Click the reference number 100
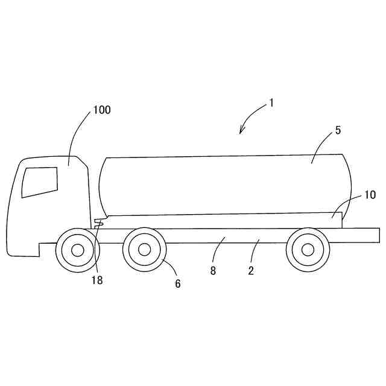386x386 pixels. pyautogui.click(x=101, y=110)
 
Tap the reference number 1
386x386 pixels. pyautogui.click(x=271, y=103)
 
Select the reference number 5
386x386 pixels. pyautogui.click(x=338, y=130)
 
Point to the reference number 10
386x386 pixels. pyautogui.click(x=370, y=195)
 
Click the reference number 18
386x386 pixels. pyautogui.click(x=96, y=280)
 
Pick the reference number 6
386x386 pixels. pyautogui.click(x=177, y=283)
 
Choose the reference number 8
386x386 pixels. pyautogui.click(x=213, y=271)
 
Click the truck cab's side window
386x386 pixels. pyautogui.click(x=40, y=182)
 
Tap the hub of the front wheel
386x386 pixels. pyautogui.click(x=77, y=250)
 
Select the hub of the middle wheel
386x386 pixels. pyautogui.click(x=144, y=250)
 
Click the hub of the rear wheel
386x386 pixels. pyautogui.click(x=308, y=250)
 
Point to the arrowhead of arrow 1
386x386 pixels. pyautogui.click(x=241, y=131)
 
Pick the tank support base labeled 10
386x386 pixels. pyautogui.click(x=241, y=221)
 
